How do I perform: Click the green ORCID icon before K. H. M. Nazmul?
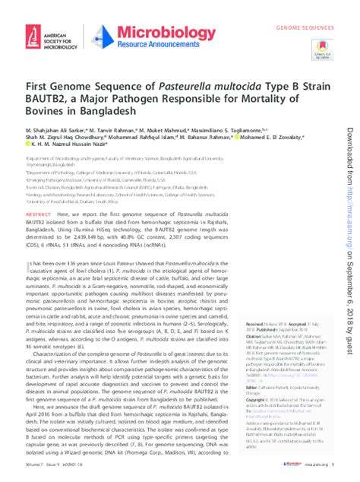click(x=27, y=157)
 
